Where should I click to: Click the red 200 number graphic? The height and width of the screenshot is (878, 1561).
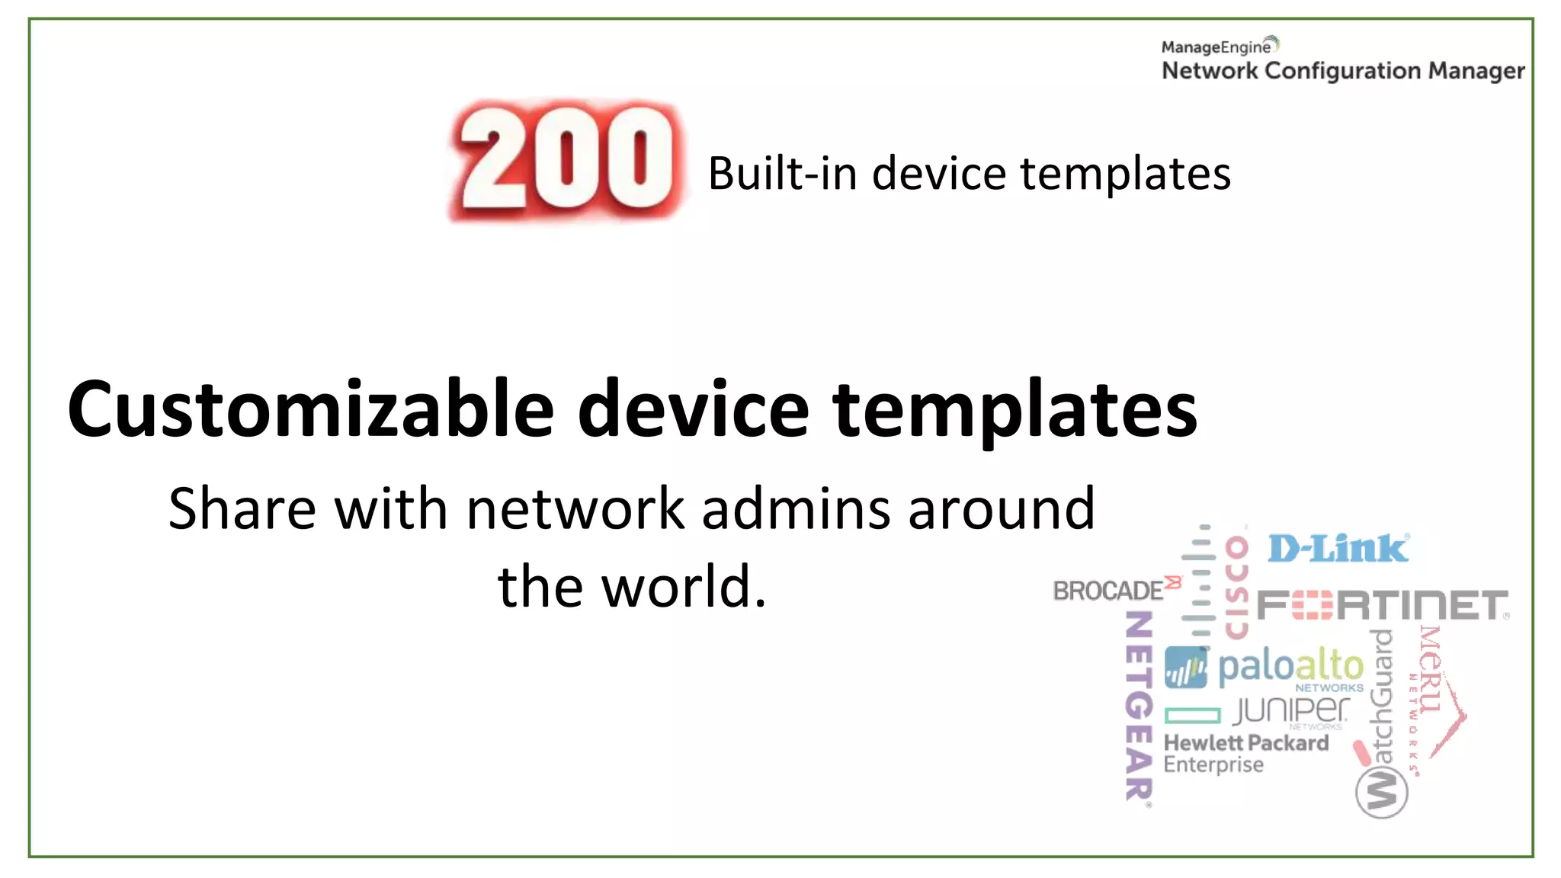tap(566, 160)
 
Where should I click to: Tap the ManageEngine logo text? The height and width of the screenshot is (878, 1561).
tap(1215, 47)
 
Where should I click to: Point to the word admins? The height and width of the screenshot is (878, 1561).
tap(796, 509)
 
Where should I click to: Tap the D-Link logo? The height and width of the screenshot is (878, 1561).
tap(1338, 549)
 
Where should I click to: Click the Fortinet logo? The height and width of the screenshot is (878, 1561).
tap(1381, 606)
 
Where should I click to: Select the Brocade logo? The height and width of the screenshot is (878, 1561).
tap(1109, 591)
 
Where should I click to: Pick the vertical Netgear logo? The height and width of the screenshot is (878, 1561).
tap(1139, 705)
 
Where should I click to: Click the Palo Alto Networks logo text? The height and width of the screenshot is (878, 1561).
tap(1290, 667)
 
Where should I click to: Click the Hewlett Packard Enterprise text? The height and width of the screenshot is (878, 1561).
tap(1245, 753)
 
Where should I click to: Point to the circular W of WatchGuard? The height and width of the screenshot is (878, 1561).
tap(1381, 792)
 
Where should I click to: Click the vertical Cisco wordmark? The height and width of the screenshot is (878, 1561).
tap(1236, 587)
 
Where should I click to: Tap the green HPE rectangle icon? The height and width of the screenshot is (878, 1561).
tap(1192, 715)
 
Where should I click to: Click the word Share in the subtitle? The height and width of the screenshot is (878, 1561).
tap(242, 509)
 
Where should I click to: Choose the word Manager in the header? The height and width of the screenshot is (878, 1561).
tap(1476, 71)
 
